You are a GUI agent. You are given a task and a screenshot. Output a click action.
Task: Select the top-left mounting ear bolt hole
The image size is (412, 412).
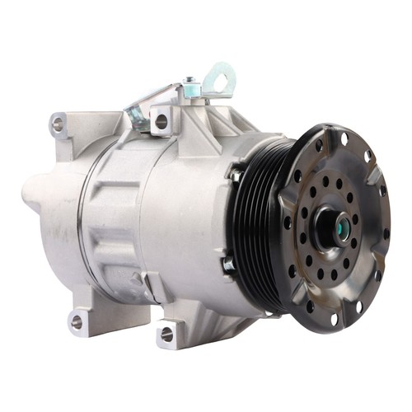(57, 124)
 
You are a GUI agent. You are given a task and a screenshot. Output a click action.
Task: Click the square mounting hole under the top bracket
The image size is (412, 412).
(162, 121)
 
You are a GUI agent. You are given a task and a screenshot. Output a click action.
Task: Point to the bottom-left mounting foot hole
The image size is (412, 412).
(77, 321)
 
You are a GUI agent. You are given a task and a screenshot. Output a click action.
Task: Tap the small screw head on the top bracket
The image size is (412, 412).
(189, 82)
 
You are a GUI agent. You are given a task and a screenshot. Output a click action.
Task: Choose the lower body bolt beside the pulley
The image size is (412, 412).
(228, 265)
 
